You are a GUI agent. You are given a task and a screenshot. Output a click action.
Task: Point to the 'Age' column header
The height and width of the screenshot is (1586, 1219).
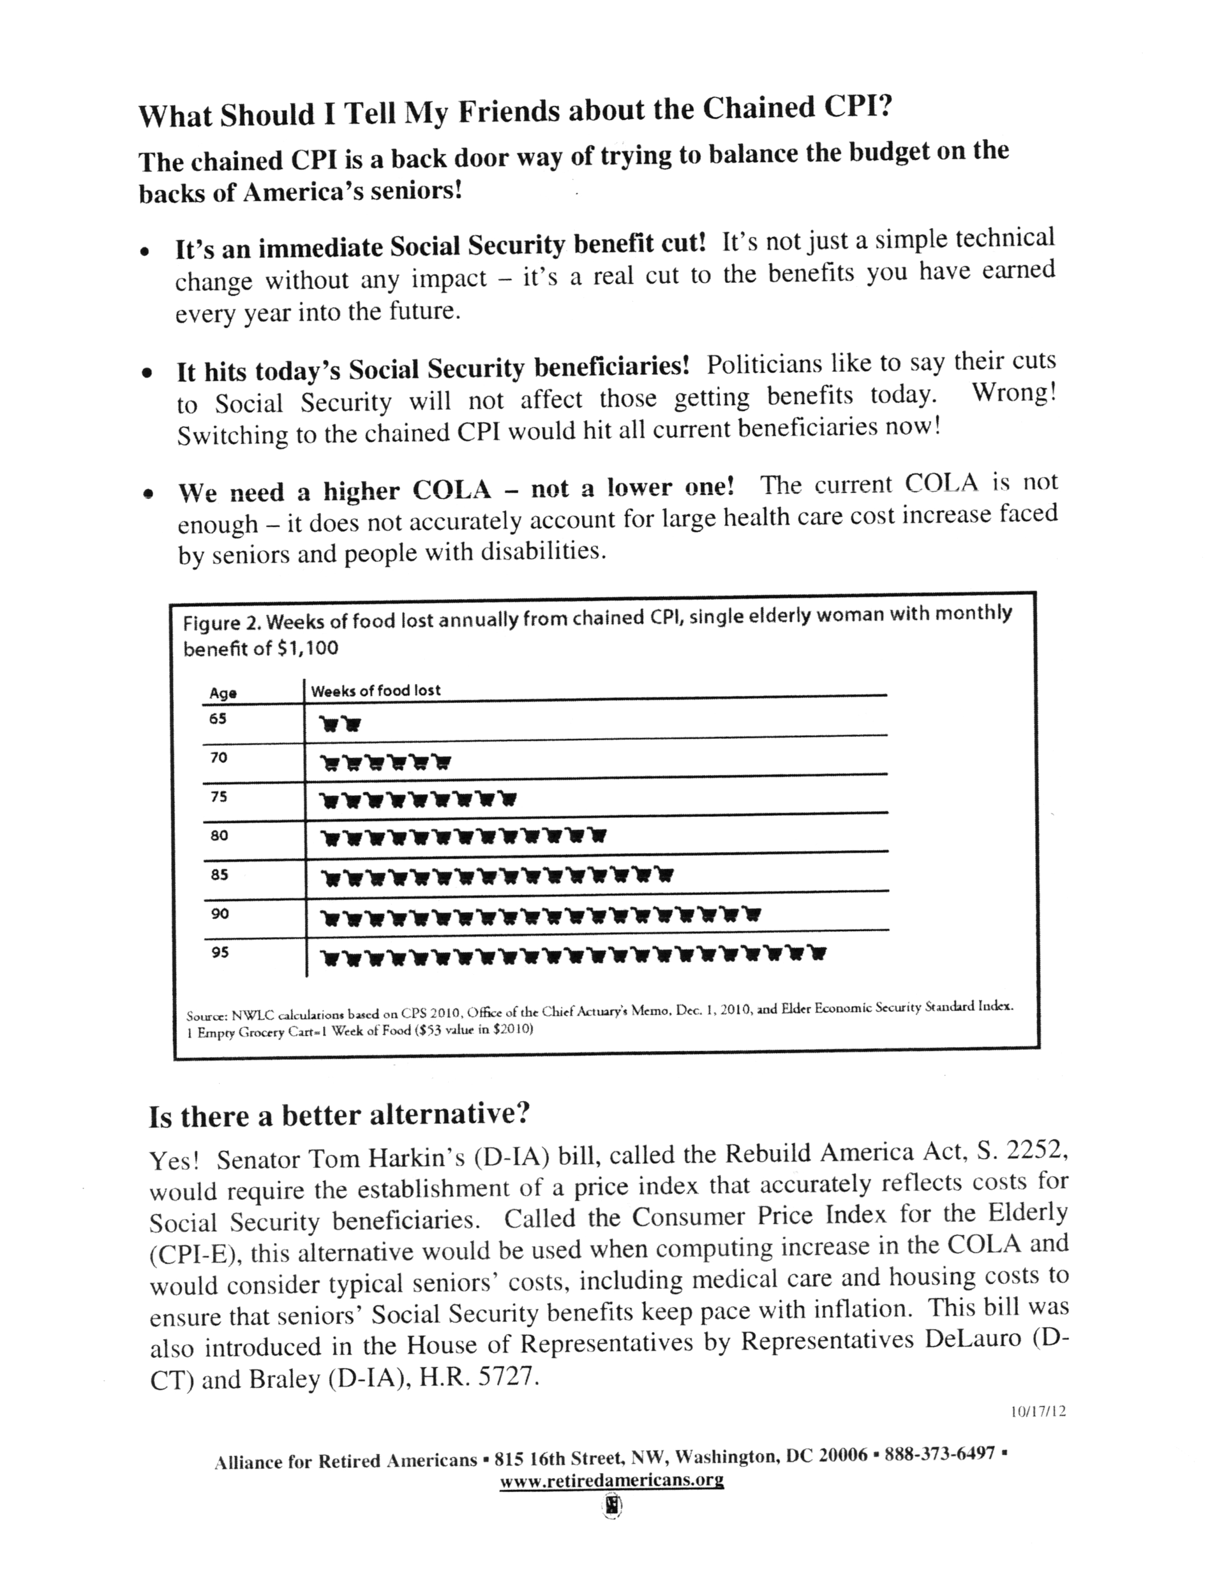[223, 693]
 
